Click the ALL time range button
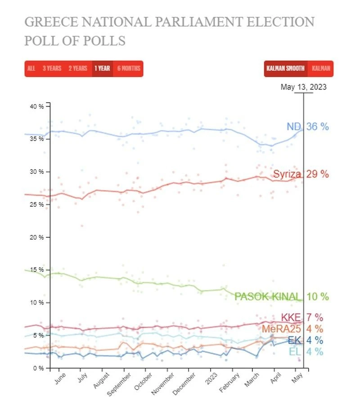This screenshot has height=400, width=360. point(31,68)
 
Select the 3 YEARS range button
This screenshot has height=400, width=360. point(52,68)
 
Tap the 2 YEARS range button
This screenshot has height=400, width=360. point(78,68)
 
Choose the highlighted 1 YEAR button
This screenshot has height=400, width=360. point(102,68)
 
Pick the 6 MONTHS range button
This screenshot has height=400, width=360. point(129,68)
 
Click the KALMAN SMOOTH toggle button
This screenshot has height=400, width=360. point(285,68)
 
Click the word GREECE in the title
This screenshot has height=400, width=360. point(50,22)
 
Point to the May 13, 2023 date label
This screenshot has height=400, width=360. point(303,87)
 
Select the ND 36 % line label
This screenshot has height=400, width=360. point(308,127)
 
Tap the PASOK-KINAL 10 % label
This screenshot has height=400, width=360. point(282,296)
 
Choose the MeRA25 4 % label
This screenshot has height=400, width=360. point(295,329)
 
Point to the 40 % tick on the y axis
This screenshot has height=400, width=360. point(37,106)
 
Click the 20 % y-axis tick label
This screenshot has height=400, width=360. point(37,237)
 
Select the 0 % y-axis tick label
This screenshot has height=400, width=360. point(38,368)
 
